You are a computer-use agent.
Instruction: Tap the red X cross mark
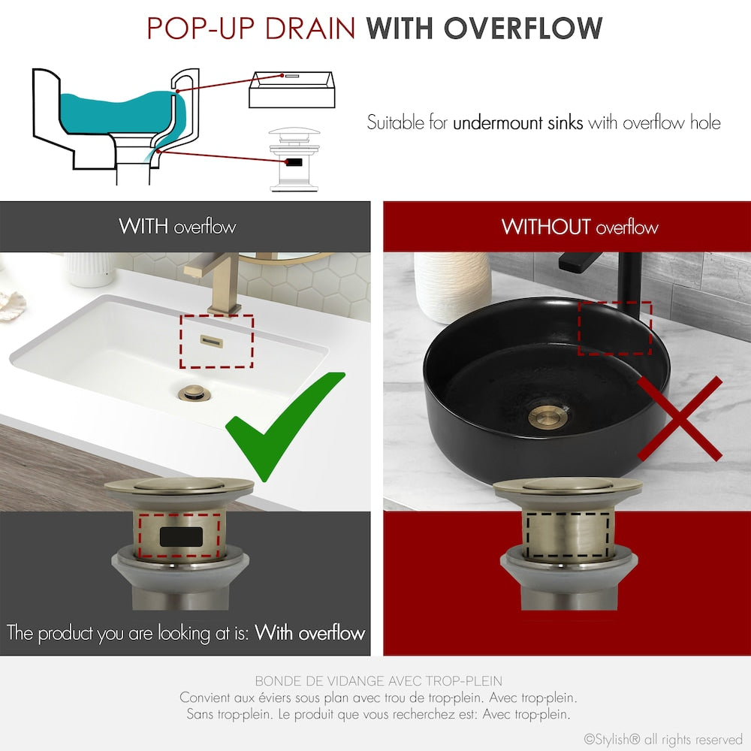(680, 418)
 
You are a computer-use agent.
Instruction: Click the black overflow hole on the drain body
(182, 536)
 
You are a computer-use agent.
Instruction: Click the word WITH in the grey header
(143, 227)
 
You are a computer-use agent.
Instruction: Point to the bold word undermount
(517, 122)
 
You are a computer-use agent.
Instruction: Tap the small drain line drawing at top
(294, 159)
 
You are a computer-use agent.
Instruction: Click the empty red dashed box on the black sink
(614, 327)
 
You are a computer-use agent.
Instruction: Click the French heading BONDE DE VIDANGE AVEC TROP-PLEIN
(379, 682)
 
